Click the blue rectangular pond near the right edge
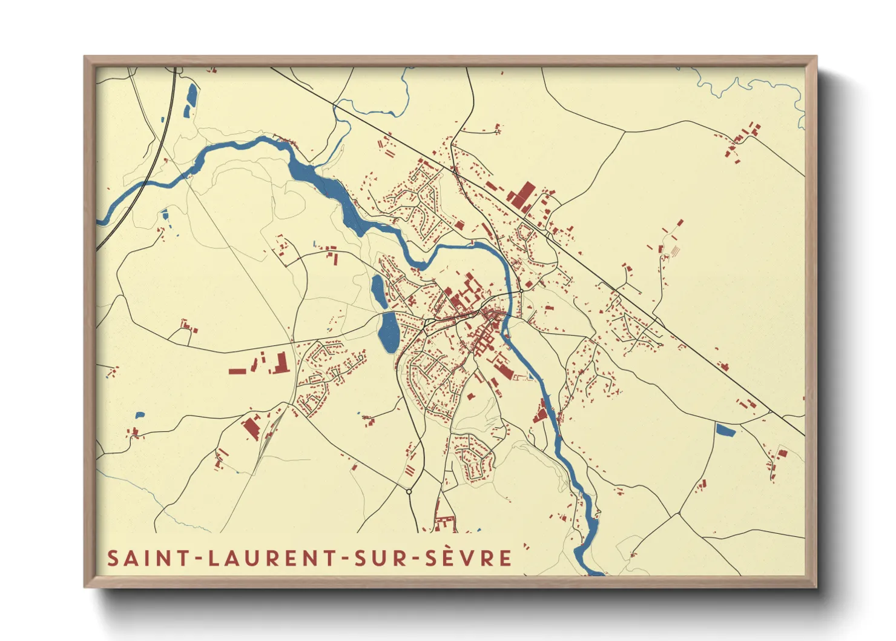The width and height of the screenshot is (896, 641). tap(725, 430)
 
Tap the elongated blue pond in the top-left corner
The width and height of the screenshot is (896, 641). tap(191, 100)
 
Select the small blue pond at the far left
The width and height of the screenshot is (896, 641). tap(140, 416)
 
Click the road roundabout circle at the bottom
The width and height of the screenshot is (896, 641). tap(409, 491)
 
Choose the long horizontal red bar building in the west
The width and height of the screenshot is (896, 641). tap(237, 371)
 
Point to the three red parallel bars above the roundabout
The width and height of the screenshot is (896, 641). tap(410, 470)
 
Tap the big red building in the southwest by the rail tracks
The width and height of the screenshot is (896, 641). tap(251, 427)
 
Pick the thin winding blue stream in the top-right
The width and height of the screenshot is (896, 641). tap(751, 88)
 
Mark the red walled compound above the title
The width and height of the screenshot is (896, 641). tap(446, 523)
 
